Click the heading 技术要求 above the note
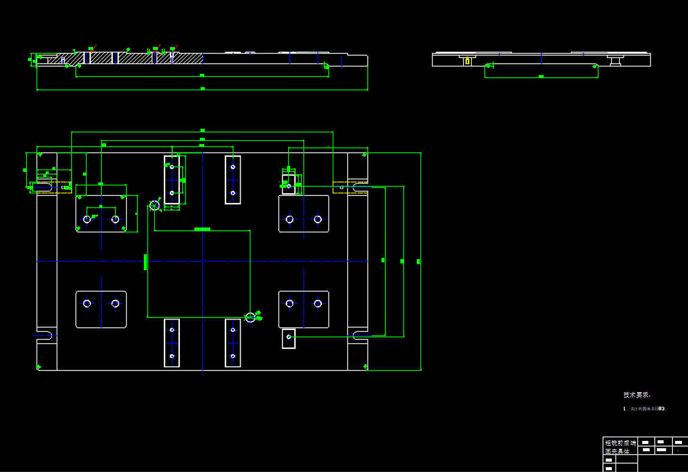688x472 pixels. [637, 395]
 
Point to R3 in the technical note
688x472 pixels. [661, 409]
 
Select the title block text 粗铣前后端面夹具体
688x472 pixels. [620, 447]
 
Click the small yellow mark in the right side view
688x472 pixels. [467, 61]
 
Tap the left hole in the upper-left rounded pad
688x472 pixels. [87, 220]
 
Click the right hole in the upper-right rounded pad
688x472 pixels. [317, 220]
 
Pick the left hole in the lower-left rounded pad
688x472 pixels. [87, 304]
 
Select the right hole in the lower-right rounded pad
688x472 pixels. [317, 304]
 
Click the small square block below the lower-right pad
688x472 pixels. [288, 338]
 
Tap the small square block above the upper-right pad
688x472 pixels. [288, 184]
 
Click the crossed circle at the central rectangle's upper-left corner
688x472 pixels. [155, 206]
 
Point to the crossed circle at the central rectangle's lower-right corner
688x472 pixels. [250, 317]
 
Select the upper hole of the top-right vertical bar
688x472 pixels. [233, 167]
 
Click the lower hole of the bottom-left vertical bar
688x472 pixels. [172, 356]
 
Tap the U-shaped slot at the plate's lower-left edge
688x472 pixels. [44, 335]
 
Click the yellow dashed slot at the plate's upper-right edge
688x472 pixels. [350, 187]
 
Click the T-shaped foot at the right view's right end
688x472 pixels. [615, 60]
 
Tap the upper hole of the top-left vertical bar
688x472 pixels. [172, 167]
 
